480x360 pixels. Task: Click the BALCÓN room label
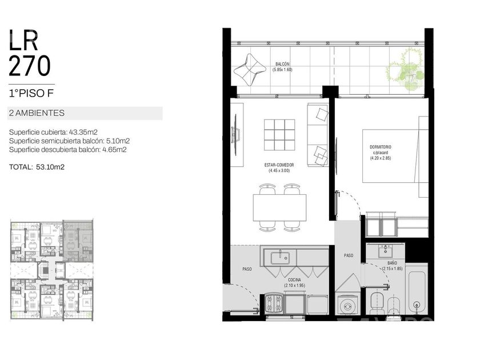(282, 64)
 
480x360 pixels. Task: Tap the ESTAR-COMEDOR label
(279, 165)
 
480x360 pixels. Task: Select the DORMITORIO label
(381, 147)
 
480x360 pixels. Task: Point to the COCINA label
(294, 280)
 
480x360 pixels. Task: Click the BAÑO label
(392, 263)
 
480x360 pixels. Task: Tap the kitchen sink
(280, 258)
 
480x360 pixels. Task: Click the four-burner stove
(274, 303)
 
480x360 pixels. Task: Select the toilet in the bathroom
(377, 303)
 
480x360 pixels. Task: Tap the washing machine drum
(347, 306)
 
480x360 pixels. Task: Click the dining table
(279, 207)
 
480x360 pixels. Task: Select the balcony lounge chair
(250, 70)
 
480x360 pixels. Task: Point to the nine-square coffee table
(279, 135)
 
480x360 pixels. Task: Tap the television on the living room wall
(235, 135)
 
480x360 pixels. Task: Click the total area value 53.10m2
(50, 167)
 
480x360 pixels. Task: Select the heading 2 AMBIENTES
(37, 113)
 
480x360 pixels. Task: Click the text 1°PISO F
(31, 93)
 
